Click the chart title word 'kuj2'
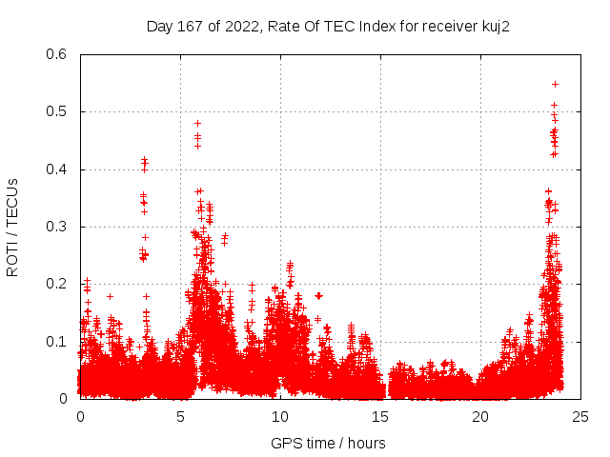[494, 27]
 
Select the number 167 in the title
[190, 27]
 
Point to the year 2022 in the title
[238, 27]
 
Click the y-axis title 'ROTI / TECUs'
[12, 227]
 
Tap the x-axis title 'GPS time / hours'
[328, 443]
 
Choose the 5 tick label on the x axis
[180, 416]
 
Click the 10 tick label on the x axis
[280, 416]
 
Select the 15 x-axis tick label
[380, 416]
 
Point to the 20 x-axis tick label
[480, 416]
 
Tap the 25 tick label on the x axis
[580, 416]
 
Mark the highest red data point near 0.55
[555, 84]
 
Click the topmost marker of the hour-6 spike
[197, 123]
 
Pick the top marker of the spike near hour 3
[144, 160]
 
